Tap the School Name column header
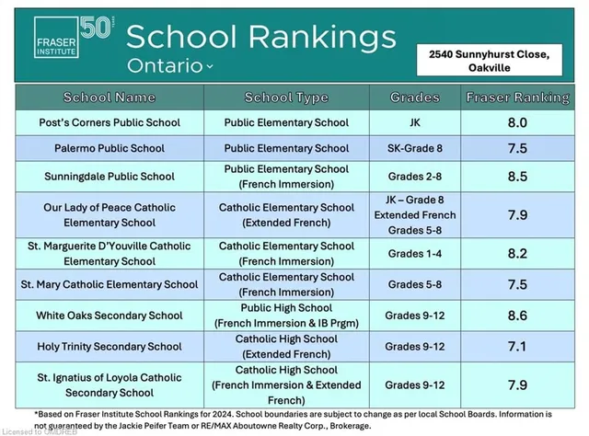110,97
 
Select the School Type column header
286,97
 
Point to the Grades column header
415,97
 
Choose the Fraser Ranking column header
518,97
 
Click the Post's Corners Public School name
110,122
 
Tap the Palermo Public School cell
110,148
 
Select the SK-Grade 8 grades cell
415,148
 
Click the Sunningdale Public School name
110,176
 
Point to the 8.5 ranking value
518,176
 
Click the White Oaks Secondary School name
110,316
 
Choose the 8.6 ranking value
518,316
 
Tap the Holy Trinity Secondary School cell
110,346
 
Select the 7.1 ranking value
518,346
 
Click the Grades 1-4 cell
415,254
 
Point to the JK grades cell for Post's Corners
415,122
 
